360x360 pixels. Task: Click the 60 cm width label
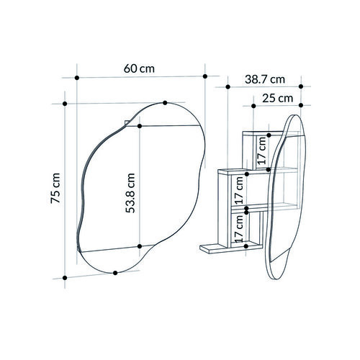point(139,69)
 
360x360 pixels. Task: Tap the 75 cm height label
point(55,188)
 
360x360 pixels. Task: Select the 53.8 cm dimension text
point(130,193)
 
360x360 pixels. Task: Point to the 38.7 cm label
point(265,79)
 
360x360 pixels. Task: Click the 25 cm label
point(278,99)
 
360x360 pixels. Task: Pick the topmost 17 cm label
point(261,150)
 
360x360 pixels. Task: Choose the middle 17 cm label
point(239,190)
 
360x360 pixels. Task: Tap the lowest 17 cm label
point(239,228)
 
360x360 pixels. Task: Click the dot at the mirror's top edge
point(165,103)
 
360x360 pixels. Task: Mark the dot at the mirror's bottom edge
point(115,273)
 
